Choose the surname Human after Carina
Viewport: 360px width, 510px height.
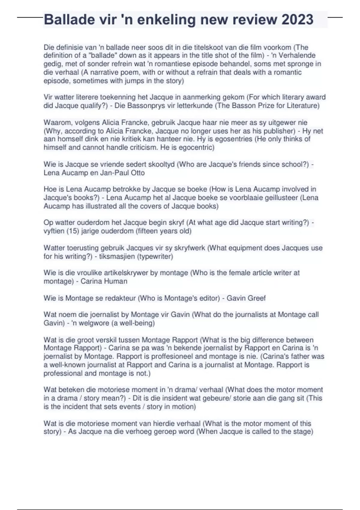[116, 281]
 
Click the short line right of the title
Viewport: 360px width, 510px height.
[335, 17]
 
